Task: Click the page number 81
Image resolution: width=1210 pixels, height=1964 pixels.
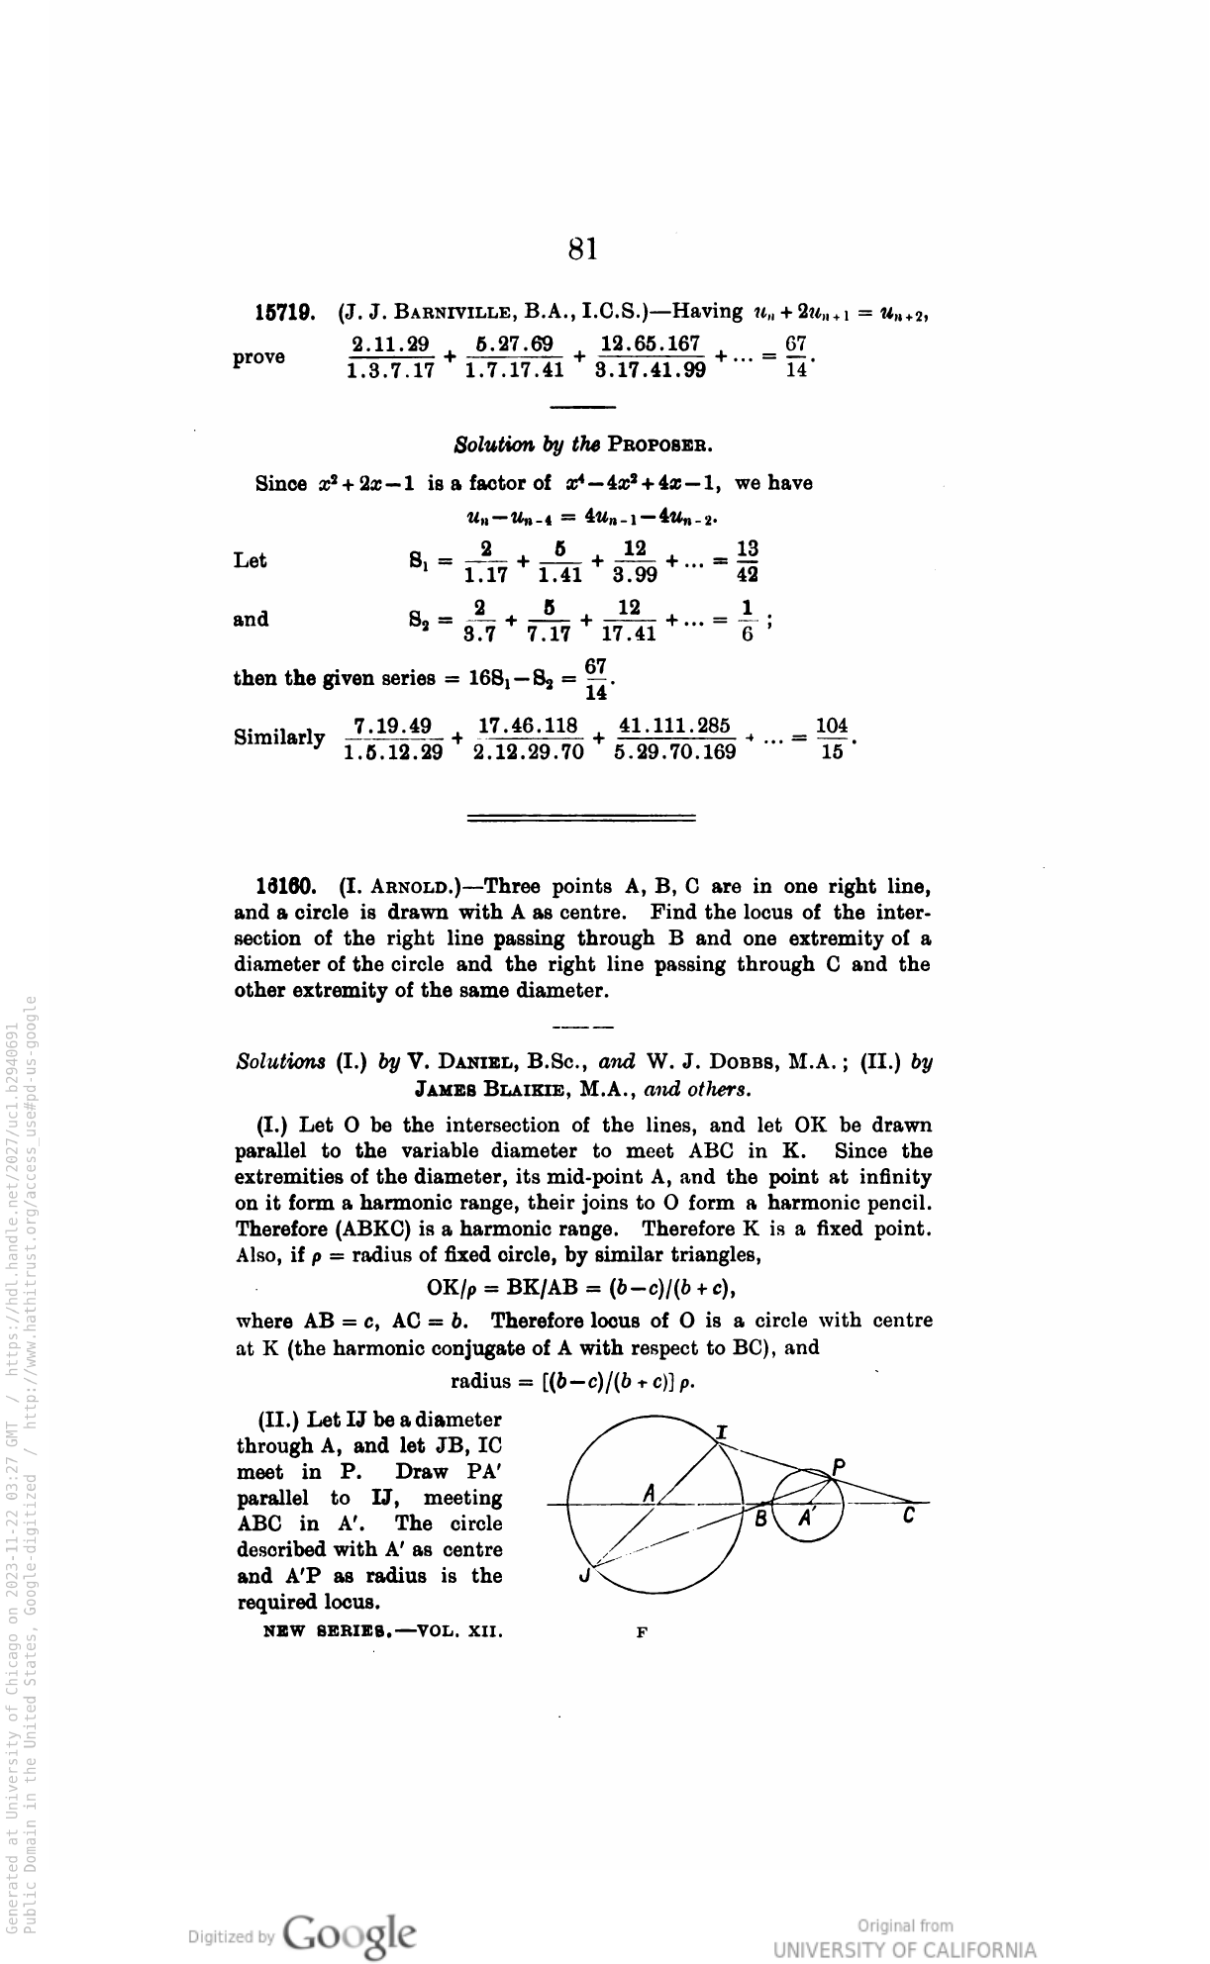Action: click(583, 248)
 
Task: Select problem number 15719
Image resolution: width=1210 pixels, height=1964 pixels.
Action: click(286, 314)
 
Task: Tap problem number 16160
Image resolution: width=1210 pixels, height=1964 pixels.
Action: click(286, 885)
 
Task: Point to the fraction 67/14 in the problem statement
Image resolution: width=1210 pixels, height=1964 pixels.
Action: click(796, 357)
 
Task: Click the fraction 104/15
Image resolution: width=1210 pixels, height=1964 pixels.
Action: click(833, 738)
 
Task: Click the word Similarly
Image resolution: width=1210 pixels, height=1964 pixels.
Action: click(279, 737)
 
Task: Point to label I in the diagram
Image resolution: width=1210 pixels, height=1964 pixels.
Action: click(722, 1432)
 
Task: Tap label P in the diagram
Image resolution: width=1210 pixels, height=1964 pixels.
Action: click(838, 1467)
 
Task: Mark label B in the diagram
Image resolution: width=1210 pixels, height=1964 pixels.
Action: click(760, 1518)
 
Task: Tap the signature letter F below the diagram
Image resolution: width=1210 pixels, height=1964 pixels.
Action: click(641, 1631)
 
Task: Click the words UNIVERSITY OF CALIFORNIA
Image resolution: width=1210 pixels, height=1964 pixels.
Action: click(904, 1949)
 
